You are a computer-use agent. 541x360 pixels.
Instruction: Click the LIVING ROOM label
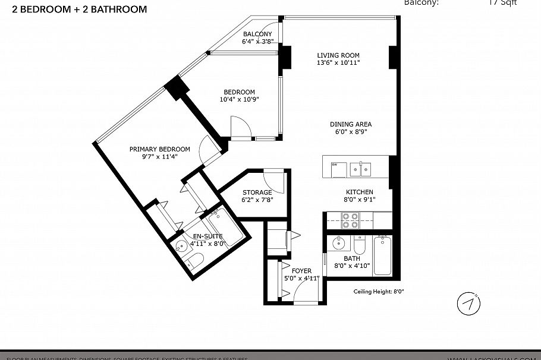(338, 55)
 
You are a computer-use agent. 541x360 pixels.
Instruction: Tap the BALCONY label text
(257, 34)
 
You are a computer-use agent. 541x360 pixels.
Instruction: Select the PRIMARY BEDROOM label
(159, 149)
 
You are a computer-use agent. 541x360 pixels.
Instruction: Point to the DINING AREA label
(351, 124)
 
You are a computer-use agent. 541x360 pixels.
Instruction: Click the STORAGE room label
(257, 192)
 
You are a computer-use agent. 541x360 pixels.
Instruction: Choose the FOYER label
(302, 271)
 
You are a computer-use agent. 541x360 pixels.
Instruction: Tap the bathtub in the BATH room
(382, 254)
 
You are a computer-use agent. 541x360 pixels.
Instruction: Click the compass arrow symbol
(468, 304)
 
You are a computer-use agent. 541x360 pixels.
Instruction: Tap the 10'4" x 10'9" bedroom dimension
(239, 99)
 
